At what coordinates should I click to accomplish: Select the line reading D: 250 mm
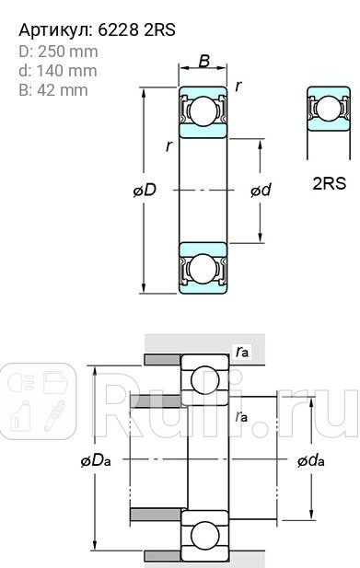click(x=58, y=52)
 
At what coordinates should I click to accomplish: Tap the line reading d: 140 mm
click(x=57, y=71)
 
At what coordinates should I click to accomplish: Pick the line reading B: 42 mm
click(x=53, y=90)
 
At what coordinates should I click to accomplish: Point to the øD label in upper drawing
click(x=144, y=191)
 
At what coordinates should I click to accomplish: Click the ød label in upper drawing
click(x=261, y=191)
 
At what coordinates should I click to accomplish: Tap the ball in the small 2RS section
click(x=327, y=111)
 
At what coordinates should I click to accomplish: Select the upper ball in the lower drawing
click(x=205, y=378)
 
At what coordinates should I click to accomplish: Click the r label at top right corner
click(x=238, y=86)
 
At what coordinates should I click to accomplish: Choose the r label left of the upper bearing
click(x=168, y=145)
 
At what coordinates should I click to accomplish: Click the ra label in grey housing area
click(x=241, y=351)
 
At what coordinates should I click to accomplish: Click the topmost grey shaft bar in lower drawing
click(x=162, y=358)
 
